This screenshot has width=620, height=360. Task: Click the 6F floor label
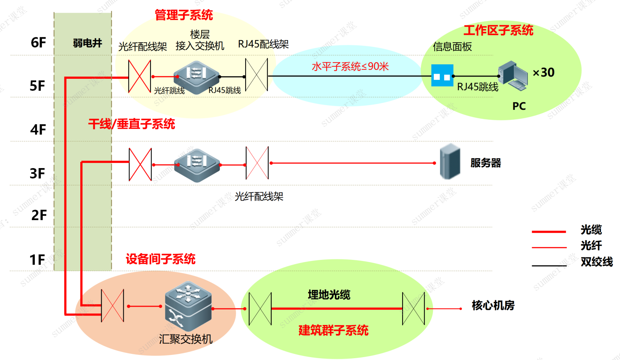click(38, 43)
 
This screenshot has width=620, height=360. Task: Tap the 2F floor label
click(39, 215)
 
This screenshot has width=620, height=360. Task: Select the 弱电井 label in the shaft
click(88, 43)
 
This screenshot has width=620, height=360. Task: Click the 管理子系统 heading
click(184, 15)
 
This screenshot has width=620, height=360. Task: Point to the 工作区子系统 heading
click(498, 30)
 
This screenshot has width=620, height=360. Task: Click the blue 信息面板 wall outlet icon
click(442, 76)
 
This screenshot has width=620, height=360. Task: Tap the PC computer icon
click(513, 76)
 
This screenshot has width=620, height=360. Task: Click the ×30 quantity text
click(543, 72)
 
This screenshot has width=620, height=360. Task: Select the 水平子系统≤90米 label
click(350, 67)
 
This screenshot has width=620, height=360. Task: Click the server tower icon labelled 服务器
click(450, 162)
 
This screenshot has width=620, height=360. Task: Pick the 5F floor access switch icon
click(196, 77)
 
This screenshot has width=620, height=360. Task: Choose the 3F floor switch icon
click(197, 165)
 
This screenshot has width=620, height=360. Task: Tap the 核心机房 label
click(493, 305)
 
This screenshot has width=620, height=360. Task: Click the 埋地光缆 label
click(329, 295)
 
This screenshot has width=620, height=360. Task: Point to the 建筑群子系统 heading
click(333, 330)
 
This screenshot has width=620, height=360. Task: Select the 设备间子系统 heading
click(160, 259)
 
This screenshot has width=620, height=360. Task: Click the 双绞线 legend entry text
click(596, 262)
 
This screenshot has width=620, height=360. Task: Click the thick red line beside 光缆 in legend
click(549, 231)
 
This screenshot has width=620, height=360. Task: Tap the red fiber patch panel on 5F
click(140, 77)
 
